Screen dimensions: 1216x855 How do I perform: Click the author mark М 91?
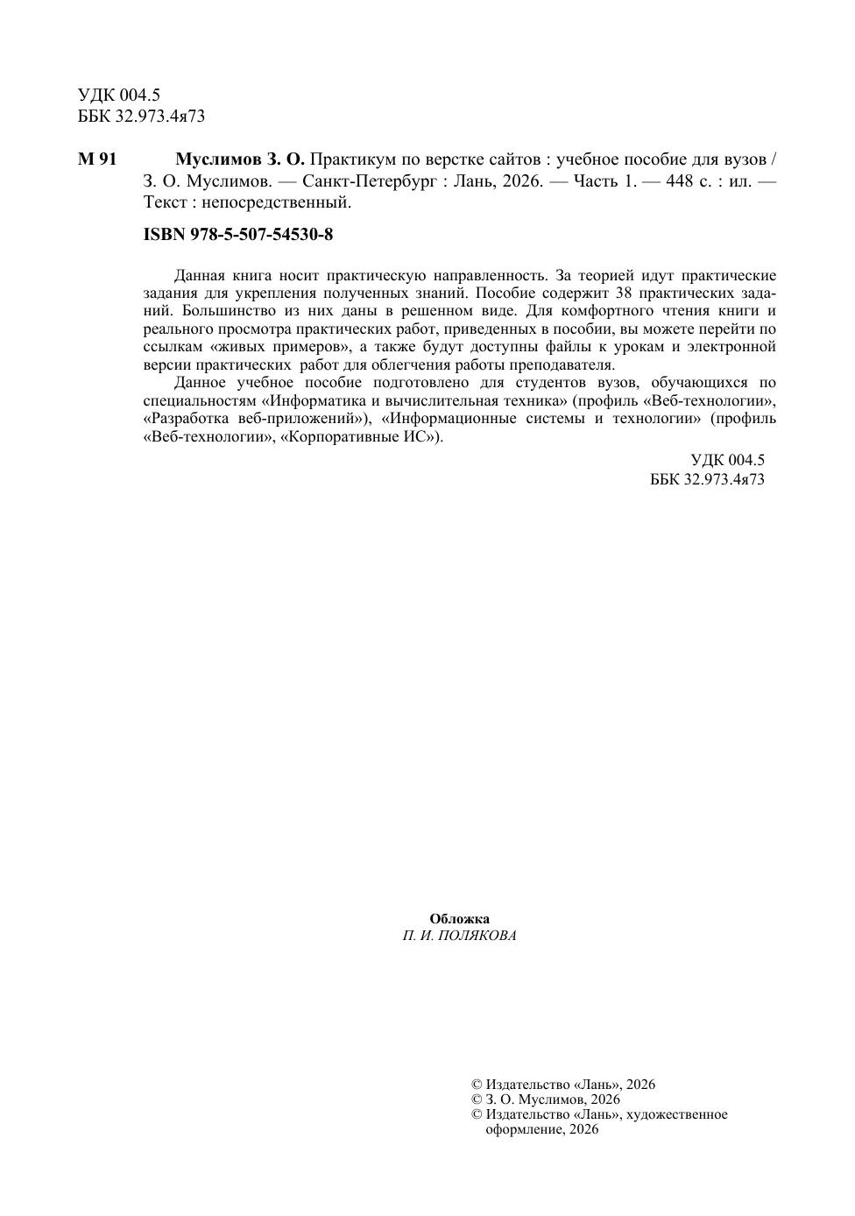[x=97, y=159]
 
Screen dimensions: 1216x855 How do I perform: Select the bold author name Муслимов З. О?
[x=239, y=159]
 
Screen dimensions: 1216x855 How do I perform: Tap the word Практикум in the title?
[x=350, y=159]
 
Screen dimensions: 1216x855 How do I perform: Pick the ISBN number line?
[x=237, y=235]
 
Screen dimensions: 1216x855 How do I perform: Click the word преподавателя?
[x=572, y=364]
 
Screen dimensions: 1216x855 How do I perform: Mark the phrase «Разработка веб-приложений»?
[x=254, y=418]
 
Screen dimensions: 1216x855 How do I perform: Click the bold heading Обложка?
[x=459, y=918]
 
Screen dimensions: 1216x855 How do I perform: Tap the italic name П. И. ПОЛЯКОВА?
[x=459, y=936]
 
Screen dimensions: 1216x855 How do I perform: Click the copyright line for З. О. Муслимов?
[x=545, y=1099]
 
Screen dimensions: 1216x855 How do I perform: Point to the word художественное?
[x=677, y=1114]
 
